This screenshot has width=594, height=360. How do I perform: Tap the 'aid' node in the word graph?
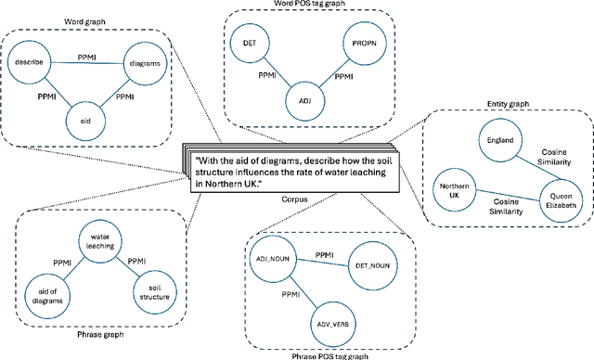85,121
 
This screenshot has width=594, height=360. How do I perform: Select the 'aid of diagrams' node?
41,295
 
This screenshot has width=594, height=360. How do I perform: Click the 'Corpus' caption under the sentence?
295,199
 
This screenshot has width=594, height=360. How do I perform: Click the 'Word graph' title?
89,19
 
